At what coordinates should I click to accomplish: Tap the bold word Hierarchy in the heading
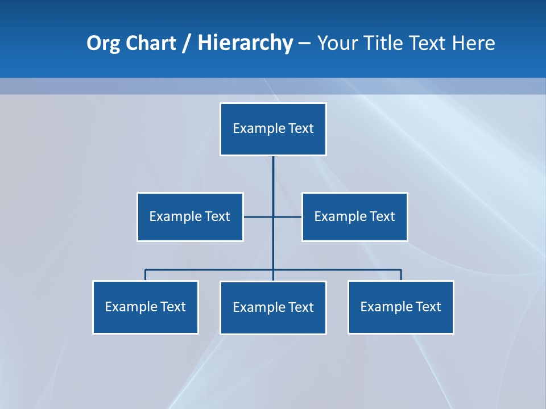point(245,43)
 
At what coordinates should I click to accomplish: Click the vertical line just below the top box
point(273,176)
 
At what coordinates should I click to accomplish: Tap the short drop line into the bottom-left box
point(146,275)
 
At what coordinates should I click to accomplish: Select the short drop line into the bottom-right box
point(401,275)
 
